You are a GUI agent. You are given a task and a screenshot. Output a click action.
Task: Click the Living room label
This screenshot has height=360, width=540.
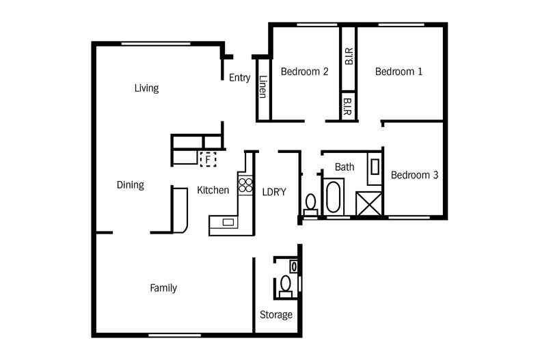pos(146,88)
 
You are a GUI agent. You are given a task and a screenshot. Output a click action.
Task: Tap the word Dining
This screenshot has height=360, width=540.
pos(130,185)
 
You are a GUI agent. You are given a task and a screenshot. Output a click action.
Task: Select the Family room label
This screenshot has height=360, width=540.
pos(163,288)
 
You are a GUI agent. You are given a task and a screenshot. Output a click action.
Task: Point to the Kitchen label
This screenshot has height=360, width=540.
pos(213,190)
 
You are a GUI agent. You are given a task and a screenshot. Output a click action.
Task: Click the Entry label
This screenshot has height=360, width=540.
pos(239,78)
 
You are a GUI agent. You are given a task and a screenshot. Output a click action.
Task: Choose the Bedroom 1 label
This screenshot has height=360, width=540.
pos(399,72)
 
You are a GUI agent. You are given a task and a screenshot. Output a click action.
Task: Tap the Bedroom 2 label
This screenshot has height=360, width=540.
pos(305,72)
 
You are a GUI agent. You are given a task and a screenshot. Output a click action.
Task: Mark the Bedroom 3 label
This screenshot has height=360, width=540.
pos(414,175)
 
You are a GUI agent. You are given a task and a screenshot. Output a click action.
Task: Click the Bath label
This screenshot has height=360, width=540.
pos(345,167)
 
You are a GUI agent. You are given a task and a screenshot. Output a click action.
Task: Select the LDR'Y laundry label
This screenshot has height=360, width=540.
pos(274,192)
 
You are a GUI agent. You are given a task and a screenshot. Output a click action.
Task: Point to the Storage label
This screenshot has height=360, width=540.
pos(276,315)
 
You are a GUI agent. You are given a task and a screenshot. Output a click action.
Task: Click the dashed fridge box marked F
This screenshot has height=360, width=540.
pos(207,159)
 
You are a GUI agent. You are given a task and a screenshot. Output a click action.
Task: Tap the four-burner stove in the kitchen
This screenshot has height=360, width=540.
pos(245,183)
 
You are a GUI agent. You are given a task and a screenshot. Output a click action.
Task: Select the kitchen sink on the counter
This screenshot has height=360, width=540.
pos(228,221)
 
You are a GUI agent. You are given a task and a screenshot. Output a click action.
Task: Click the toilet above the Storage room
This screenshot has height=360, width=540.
pos(286,283)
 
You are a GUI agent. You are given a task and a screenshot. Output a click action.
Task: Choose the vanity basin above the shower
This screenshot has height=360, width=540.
pos(375,167)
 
